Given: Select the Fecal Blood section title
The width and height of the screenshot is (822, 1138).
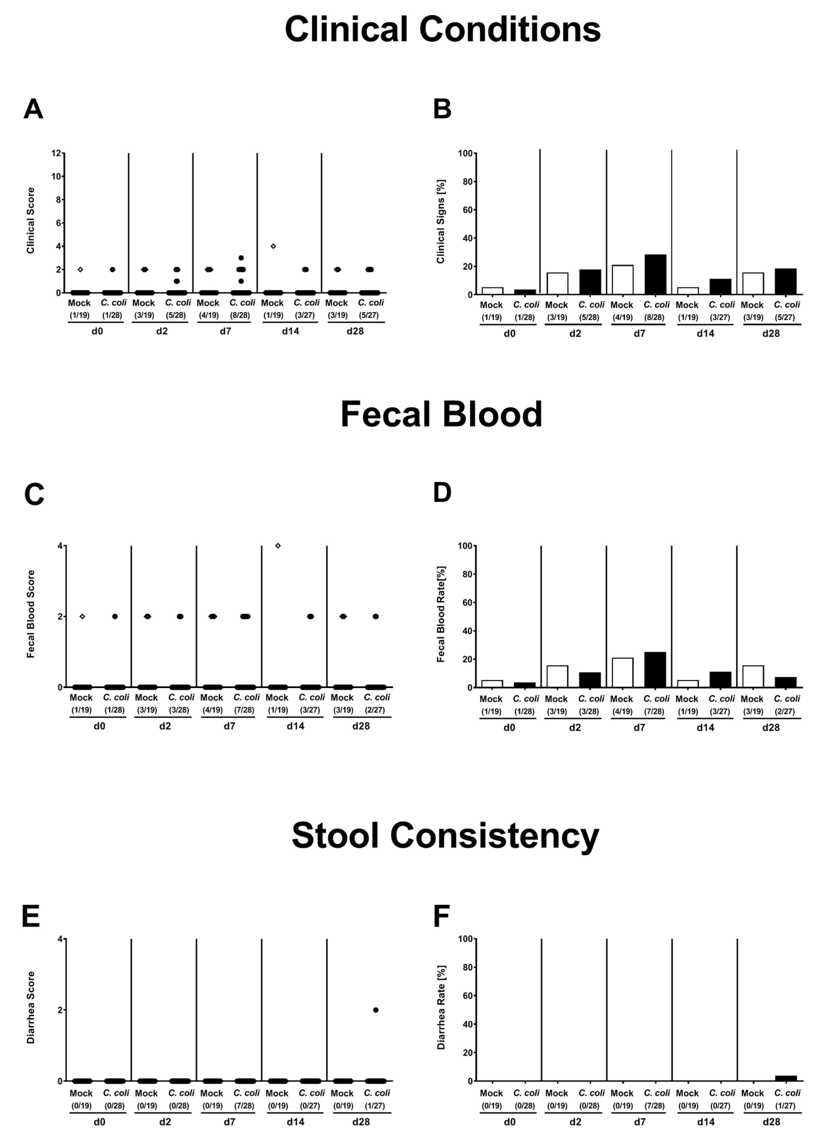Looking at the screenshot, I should click(441, 415).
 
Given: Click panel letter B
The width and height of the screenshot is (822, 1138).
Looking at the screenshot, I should click(442, 108).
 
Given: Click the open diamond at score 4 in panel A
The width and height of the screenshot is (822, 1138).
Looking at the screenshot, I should click(273, 246).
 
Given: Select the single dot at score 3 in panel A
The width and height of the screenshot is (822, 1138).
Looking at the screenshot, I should click(241, 258).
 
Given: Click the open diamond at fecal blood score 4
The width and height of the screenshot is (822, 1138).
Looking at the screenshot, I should click(278, 546).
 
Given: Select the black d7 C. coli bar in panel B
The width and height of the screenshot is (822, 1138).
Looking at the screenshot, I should click(655, 274).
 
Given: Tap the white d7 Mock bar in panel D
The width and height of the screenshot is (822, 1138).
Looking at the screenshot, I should click(622, 672).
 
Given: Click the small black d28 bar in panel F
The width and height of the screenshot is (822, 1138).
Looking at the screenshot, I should click(786, 1078).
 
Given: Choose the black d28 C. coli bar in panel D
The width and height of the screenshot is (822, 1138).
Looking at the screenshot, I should click(785, 682).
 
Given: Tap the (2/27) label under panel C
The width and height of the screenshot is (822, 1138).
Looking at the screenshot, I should click(375, 710).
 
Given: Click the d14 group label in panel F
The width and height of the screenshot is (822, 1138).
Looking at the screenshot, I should click(705, 1120).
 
